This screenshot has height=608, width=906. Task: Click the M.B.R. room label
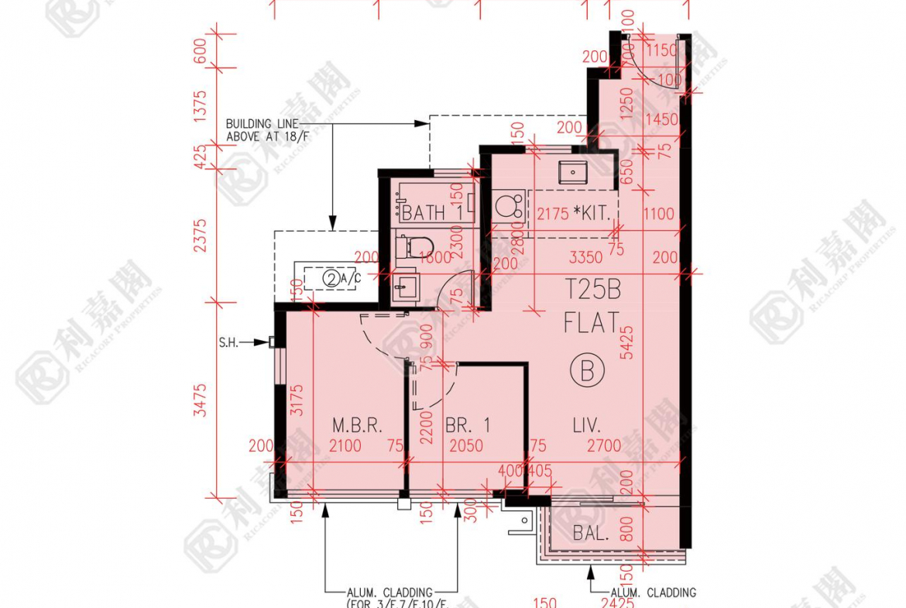coord(358,425)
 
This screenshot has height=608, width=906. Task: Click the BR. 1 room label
coord(468,425)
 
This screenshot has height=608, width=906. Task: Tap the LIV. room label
coord(587,425)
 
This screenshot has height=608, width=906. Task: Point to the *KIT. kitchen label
coord(595,213)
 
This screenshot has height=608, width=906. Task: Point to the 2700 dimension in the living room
coord(604,445)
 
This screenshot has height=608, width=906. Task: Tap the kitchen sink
coord(572,170)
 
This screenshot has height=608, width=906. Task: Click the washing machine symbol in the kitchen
coord(508,208)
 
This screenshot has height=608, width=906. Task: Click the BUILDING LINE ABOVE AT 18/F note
coord(259,130)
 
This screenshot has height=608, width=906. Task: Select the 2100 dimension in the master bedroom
coord(345,445)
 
